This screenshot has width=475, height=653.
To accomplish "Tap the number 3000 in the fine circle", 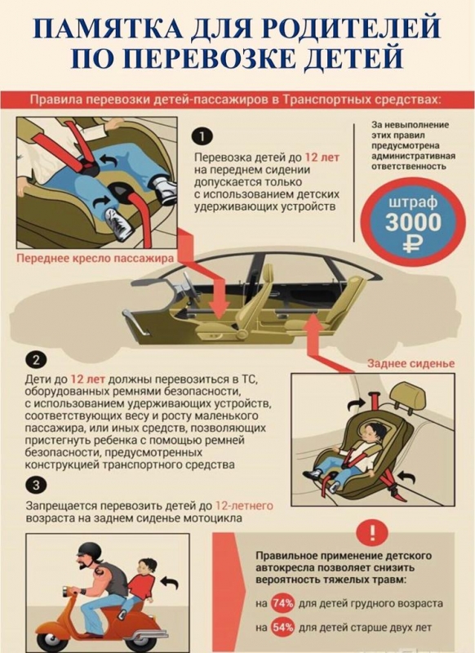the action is coord(413,222).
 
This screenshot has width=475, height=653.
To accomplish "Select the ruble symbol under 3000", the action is coord(413,243).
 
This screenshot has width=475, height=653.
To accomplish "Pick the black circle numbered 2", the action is coord(36,361).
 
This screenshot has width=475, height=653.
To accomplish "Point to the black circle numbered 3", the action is coord(36,485).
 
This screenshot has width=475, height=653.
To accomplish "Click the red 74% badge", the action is coord(282,603).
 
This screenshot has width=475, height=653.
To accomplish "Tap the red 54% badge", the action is coord(282,627).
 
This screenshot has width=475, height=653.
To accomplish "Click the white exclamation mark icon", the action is coord(372,532).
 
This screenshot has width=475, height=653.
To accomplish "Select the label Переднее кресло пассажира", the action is coord(95,258).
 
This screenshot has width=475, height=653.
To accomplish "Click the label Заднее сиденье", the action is coord(411,363).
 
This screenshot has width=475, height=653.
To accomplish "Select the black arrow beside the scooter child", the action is coord(170,583).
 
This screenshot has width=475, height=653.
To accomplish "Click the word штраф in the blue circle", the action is coord(413,202).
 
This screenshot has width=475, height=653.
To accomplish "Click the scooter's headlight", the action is coord(67,590).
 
